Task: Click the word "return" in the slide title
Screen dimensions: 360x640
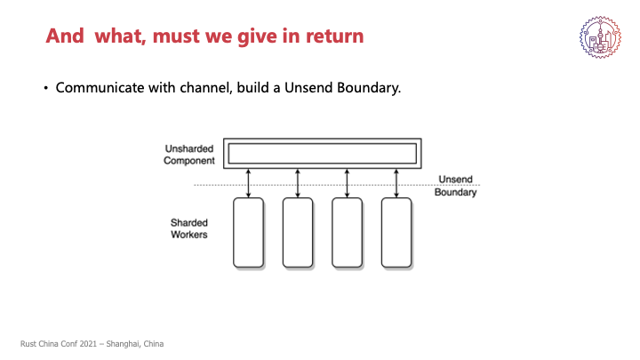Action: click(330, 37)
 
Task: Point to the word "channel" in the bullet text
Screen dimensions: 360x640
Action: click(201, 89)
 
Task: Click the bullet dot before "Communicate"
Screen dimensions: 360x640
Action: click(45, 89)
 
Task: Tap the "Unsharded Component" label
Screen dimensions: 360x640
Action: click(189, 154)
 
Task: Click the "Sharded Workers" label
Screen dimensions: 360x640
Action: click(190, 228)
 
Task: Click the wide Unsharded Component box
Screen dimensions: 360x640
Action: click(323, 154)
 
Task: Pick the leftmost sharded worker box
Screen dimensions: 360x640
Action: click(249, 233)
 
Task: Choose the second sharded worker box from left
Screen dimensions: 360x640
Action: click(298, 233)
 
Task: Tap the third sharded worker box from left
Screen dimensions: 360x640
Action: click(347, 233)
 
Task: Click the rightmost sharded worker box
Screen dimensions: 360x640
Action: click(396, 233)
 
